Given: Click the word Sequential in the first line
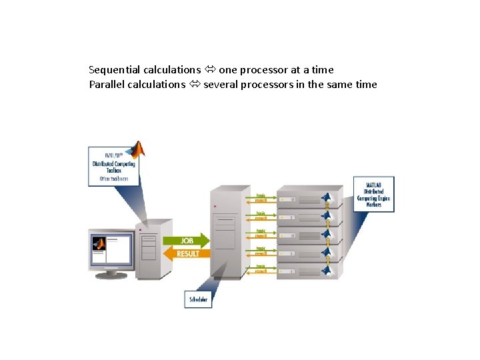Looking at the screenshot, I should pos(111,69).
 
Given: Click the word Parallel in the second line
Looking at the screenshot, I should pos(105,85).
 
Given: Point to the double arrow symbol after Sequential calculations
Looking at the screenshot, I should pos(210,69).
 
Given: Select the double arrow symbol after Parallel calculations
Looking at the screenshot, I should pos(195,85).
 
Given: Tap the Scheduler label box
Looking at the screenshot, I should pos(198,299).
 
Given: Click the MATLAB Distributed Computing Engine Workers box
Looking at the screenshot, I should pos(373,194).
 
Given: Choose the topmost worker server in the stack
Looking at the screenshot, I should pos(303,198).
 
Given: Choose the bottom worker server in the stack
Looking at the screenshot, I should pos(303,270).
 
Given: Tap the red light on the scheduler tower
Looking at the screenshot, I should pos(214,207).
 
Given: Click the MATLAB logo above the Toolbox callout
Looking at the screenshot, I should pos(138,149).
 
